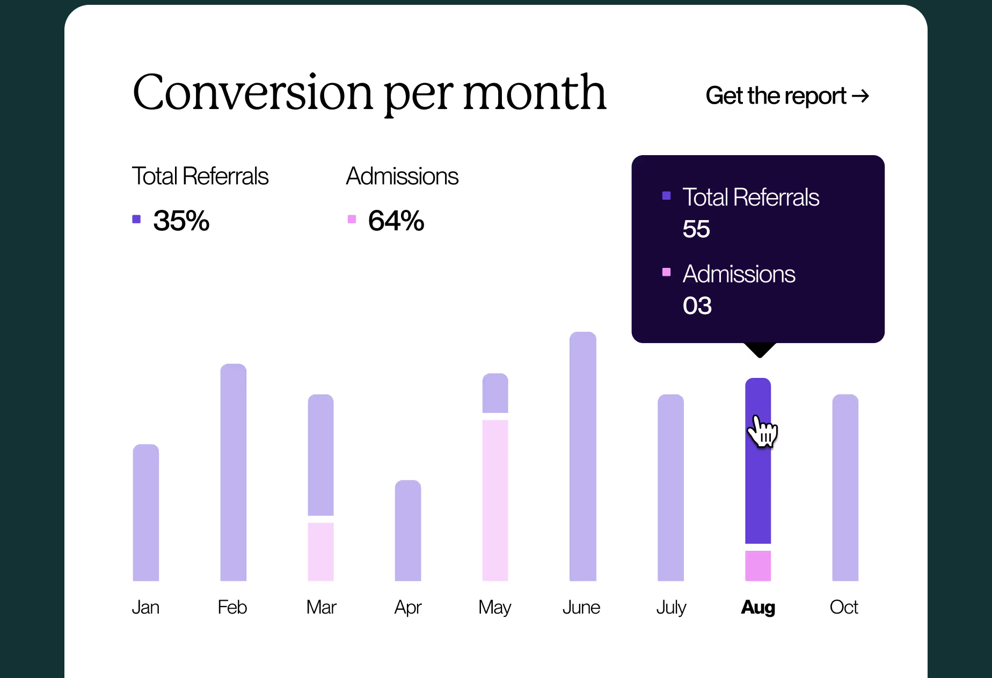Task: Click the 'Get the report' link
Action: point(787,96)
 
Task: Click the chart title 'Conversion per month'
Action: point(369,93)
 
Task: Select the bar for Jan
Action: point(146,513)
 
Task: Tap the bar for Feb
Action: point(234,472)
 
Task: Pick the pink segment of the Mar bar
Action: point(320,552)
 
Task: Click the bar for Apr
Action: point(408,530)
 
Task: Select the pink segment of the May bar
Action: point(495,500)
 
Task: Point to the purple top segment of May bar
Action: point(495,393)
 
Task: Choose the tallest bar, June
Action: point(583,456)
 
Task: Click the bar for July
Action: point(671,487)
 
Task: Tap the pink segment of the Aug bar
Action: point(758,566)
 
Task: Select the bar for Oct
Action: point(845,487)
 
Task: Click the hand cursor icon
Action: point(762,432)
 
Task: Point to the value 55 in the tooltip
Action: point(696,229)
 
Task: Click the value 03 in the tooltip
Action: point(697,306)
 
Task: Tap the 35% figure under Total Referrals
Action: point(181,221)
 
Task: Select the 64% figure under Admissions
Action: point(396,221)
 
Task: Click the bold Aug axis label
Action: point(758,608)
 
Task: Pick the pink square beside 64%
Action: point(352,219)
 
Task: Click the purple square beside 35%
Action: point(136,219)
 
